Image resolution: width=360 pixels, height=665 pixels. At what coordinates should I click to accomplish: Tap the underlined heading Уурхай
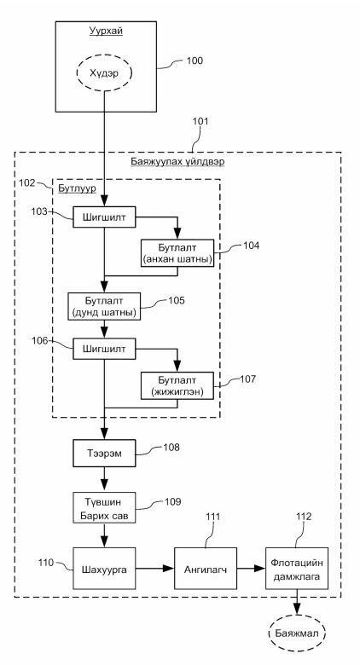106,31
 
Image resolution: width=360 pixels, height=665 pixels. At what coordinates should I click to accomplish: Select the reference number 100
195,61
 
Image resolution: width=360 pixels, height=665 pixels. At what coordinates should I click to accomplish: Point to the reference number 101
200,122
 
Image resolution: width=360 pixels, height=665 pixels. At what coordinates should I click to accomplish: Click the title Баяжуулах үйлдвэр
177,162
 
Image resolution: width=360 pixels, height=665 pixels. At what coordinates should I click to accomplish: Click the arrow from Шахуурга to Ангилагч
155,569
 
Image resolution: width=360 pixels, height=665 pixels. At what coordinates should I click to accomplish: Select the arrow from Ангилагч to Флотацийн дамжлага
252,569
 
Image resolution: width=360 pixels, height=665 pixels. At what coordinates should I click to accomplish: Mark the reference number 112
304,517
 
